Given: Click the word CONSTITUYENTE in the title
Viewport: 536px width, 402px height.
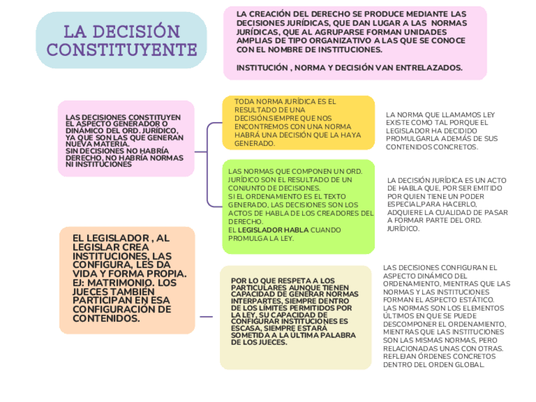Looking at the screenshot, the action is (122, 50).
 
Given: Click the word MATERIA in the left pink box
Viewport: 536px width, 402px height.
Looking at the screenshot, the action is (99, 144).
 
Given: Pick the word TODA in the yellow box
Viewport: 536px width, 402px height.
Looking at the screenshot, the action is (244, 101).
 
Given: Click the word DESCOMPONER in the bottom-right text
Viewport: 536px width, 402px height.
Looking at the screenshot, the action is (411, 324).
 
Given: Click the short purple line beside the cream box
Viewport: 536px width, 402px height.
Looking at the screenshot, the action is (206, 317).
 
